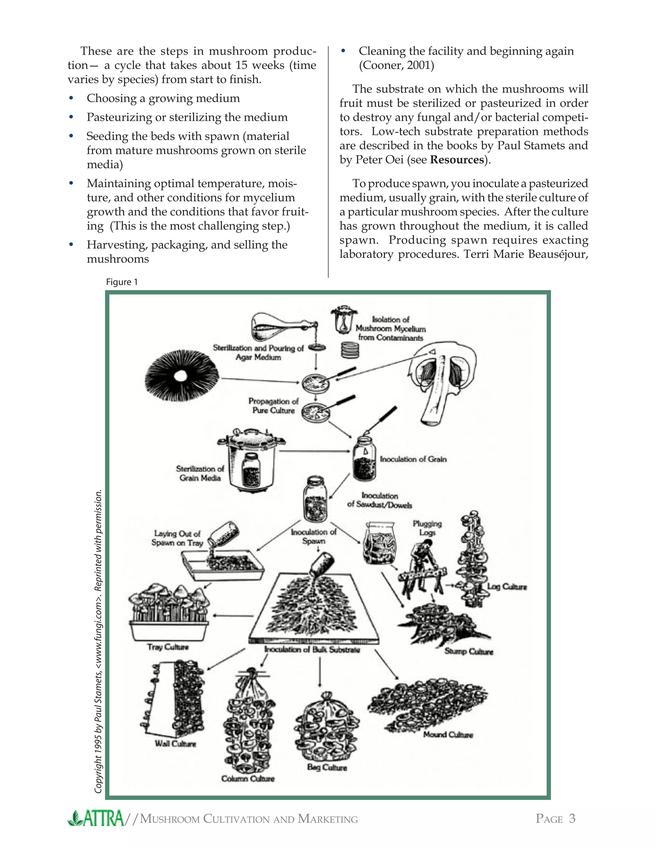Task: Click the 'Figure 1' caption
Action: tap(122, 282)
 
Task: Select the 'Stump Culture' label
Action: tap(469, 652)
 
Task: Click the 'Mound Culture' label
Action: tap(448, 735)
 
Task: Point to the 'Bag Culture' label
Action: tap(327, 767)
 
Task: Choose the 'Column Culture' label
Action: tap(248, 779)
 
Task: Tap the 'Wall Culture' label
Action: tap(175, 744)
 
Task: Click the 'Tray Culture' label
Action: tap(168, 647)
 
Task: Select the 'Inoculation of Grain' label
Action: tap(413, 459)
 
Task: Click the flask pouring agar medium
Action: tap(272, 327)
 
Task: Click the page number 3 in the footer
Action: tap(572, 819)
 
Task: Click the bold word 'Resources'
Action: tap(457, 160)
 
